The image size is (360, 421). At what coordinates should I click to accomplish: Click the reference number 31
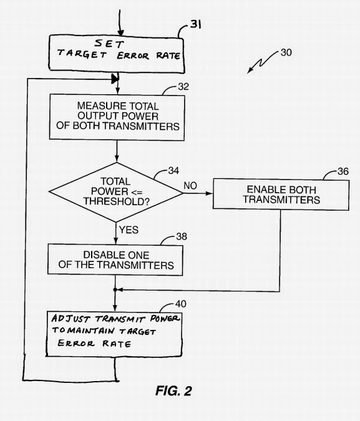click(196, 24)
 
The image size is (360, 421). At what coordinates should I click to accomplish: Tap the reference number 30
click(286, 52)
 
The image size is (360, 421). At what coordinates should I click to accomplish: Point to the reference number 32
click(183, 87)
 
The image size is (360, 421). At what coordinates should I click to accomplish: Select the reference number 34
click(173, 170)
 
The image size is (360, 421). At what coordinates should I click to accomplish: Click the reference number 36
click(343, 172)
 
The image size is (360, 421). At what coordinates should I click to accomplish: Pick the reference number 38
click(182, 236)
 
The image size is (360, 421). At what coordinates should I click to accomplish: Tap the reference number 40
click(180, 304)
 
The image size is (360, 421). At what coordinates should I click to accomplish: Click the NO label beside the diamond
click(190, 185)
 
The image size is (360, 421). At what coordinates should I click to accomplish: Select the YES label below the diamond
click(129, 230)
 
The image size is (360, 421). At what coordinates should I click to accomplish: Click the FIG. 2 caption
click(173, 390)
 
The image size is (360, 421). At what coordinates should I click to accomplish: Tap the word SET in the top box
click(109, 43)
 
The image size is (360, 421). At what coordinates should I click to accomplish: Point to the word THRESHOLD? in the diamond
click(116, 201)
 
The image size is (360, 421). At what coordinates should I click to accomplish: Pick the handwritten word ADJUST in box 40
click(71, 319)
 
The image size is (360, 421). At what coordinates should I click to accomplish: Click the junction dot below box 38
click(115, 289)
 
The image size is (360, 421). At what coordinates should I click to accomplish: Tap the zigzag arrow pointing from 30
click(262, 63)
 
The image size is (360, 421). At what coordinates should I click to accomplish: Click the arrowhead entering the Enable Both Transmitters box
click(209, 193)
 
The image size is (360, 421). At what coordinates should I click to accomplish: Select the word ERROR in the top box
click(133, 56)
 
